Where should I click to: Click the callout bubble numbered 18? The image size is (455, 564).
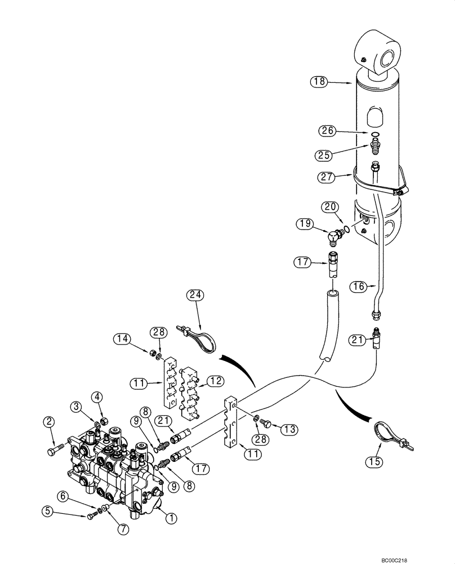tap(319, 82)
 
